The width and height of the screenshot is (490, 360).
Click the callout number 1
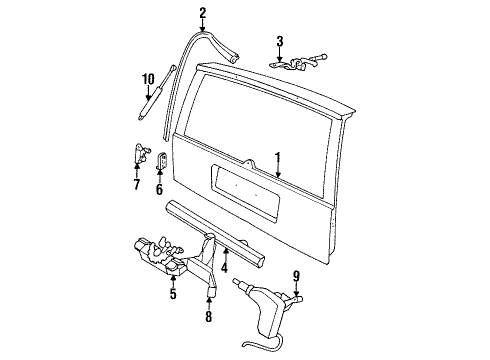tap(280, 156)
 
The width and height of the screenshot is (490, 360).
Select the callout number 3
tap(281, 41)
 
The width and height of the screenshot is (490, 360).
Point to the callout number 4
tap(225, 267)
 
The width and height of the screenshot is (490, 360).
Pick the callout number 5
tap(172, 294)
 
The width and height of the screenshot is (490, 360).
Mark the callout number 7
tap(137, 186)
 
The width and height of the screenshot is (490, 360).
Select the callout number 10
tap(148, 79)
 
